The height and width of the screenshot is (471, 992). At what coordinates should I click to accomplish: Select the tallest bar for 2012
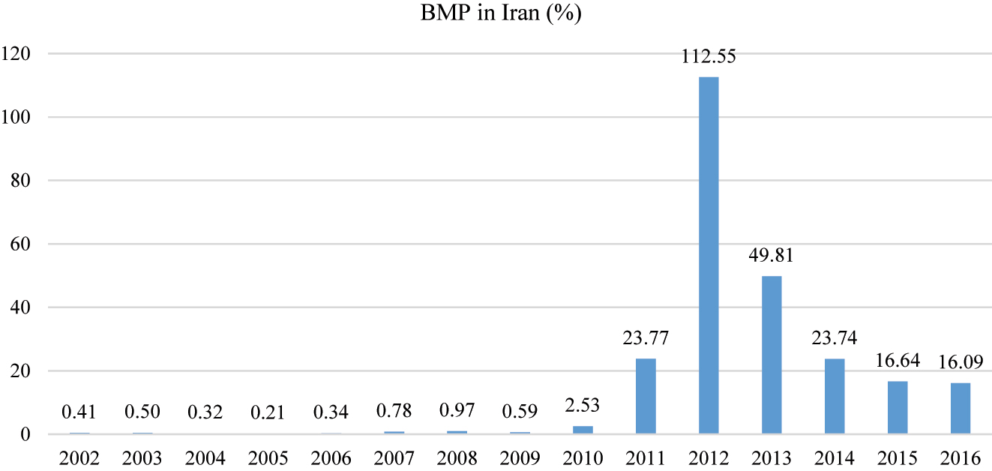click(x=709, y=255)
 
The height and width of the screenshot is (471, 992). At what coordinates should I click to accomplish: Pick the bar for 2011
click(x=646, y=396)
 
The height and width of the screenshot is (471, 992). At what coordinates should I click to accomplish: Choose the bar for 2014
click(x=835, y=396)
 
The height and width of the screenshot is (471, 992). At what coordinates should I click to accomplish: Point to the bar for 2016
click(x=961, y=408)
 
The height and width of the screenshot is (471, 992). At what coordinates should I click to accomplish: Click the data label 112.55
click(x=709, y=58)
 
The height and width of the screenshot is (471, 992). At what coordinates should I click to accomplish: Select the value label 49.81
click(x=772, y=256)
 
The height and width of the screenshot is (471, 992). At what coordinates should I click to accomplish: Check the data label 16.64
click(x=898, y=361)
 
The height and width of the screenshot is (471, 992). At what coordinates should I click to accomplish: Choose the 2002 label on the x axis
click(x=79, y=457)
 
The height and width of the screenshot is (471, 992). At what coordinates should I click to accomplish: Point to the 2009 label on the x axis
click(x=520, y=457)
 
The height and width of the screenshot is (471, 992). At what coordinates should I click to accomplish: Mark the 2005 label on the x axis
click(x=268, y=457)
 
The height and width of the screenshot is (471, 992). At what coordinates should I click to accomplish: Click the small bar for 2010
click(x=583, y=430)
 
